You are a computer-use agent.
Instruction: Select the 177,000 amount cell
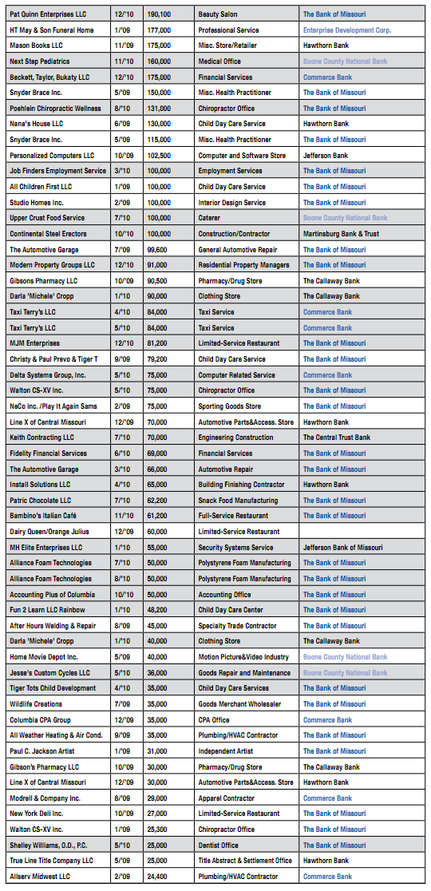tap(157, 30)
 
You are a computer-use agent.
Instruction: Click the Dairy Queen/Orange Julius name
tap(49, 532)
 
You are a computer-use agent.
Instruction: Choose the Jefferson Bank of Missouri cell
tap(342, 548)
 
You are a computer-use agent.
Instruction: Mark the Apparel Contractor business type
tap(230, 798)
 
